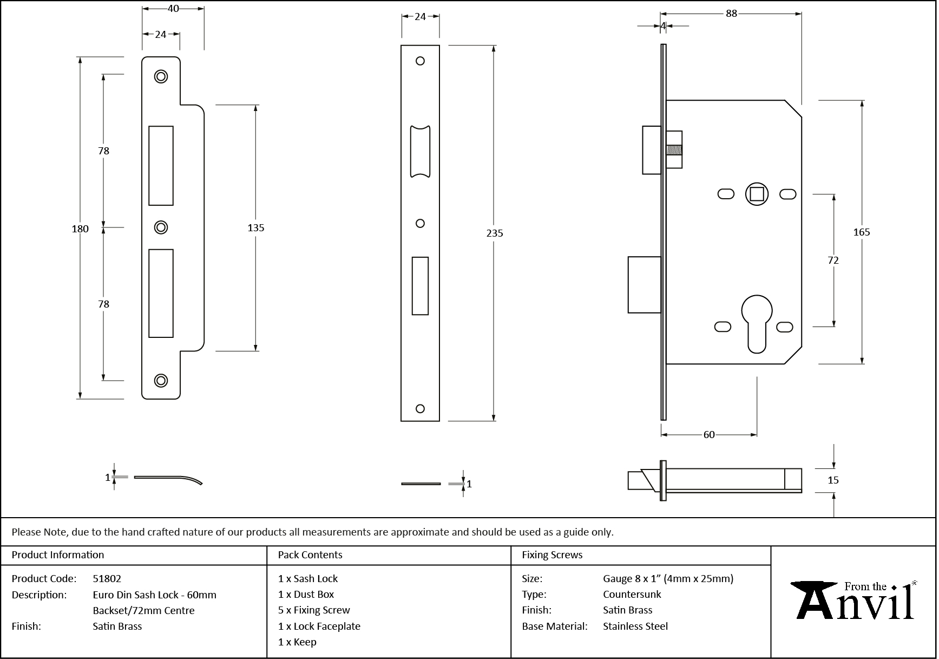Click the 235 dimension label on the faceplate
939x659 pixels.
pos(494,233)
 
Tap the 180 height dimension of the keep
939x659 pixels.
pos(80,229)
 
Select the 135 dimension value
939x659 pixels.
pos(255,227)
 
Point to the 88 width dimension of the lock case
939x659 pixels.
pos(731,14)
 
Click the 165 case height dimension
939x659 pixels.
pos(861,232)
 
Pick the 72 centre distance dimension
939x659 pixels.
pos(833,260)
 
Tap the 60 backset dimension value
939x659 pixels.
pos(708,434)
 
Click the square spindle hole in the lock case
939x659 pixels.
pos(756,194)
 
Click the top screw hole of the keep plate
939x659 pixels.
pos(161,76)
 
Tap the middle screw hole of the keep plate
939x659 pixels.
pos(161,227)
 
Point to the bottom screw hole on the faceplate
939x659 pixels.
pos(420,409)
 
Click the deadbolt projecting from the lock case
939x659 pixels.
pos(644,284)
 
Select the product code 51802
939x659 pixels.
pos(107,578)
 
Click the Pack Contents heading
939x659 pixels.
pos(310,555)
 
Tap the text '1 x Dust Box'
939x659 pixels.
pos(306,594)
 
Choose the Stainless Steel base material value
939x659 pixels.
pos(635,626)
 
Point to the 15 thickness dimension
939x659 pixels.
pos(833,480)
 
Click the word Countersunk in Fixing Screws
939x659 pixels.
pos(632,594)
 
